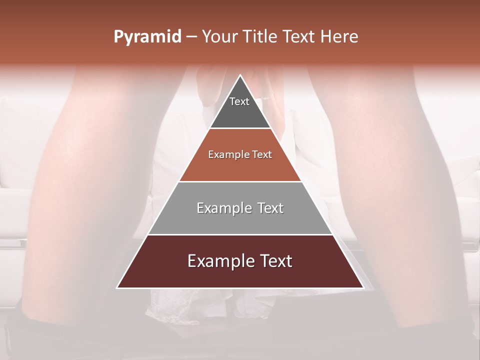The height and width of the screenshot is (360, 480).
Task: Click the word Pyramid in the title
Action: [x=147, y=37]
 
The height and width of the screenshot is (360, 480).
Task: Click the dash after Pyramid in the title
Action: [x=191, y=37]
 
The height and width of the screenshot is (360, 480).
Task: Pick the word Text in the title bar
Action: [x=300, y=36]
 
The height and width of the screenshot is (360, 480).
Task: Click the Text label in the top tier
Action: [x=239, y=101]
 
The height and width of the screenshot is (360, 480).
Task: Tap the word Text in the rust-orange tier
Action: [x=262, y=154]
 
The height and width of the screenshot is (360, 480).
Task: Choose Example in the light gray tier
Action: [x=222, y=208]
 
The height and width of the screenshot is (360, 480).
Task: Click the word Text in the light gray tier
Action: [x=271, y=208]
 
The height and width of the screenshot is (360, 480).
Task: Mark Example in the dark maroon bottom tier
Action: [x=217, y=261]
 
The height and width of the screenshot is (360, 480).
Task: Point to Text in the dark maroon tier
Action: [x=276, y=261]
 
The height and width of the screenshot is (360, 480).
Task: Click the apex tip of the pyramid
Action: [x=240, y=76]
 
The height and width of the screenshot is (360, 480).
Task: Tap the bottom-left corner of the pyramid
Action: [x=118, y=287]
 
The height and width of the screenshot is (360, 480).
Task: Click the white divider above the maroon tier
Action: [x=240, y=234]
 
